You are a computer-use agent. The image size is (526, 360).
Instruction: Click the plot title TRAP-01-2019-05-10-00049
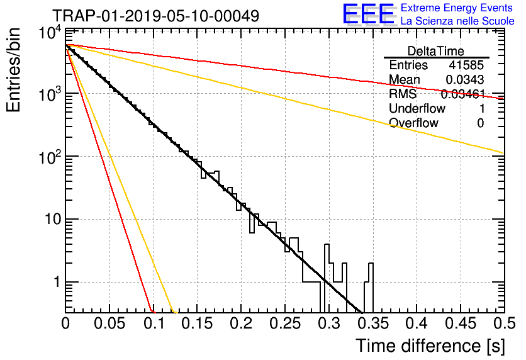(156, 16)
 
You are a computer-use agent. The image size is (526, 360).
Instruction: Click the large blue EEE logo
(369, 14)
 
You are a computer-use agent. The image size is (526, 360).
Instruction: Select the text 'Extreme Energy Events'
(457, 8)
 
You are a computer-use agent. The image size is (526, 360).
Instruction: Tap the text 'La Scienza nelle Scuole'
(457, 21)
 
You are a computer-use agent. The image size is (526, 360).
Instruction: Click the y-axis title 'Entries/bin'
(13, 70)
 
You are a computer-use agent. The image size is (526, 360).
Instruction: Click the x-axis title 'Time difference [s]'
(430, 346)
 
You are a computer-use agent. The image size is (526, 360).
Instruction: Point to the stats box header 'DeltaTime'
(436, 51)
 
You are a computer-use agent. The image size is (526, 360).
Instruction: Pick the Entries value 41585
(466, 65)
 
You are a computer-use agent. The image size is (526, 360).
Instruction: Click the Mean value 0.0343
(464, 79)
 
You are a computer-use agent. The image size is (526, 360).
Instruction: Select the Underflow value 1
(481, 108)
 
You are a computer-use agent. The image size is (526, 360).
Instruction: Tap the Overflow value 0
(480, 123)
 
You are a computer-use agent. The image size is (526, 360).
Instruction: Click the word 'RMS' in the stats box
(403, 94)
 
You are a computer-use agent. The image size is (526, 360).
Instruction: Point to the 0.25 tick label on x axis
(285, 323)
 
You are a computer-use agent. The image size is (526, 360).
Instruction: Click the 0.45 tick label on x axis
(461, 323)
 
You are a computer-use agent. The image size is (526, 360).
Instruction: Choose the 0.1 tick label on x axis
(154, 323)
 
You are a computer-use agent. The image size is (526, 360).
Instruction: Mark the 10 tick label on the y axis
(53, 219)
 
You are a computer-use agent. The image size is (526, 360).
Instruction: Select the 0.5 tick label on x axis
(505, 323)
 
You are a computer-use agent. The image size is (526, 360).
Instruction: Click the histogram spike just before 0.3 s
(327, 278)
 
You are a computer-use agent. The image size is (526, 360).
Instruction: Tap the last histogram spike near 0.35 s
(371, 288)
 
